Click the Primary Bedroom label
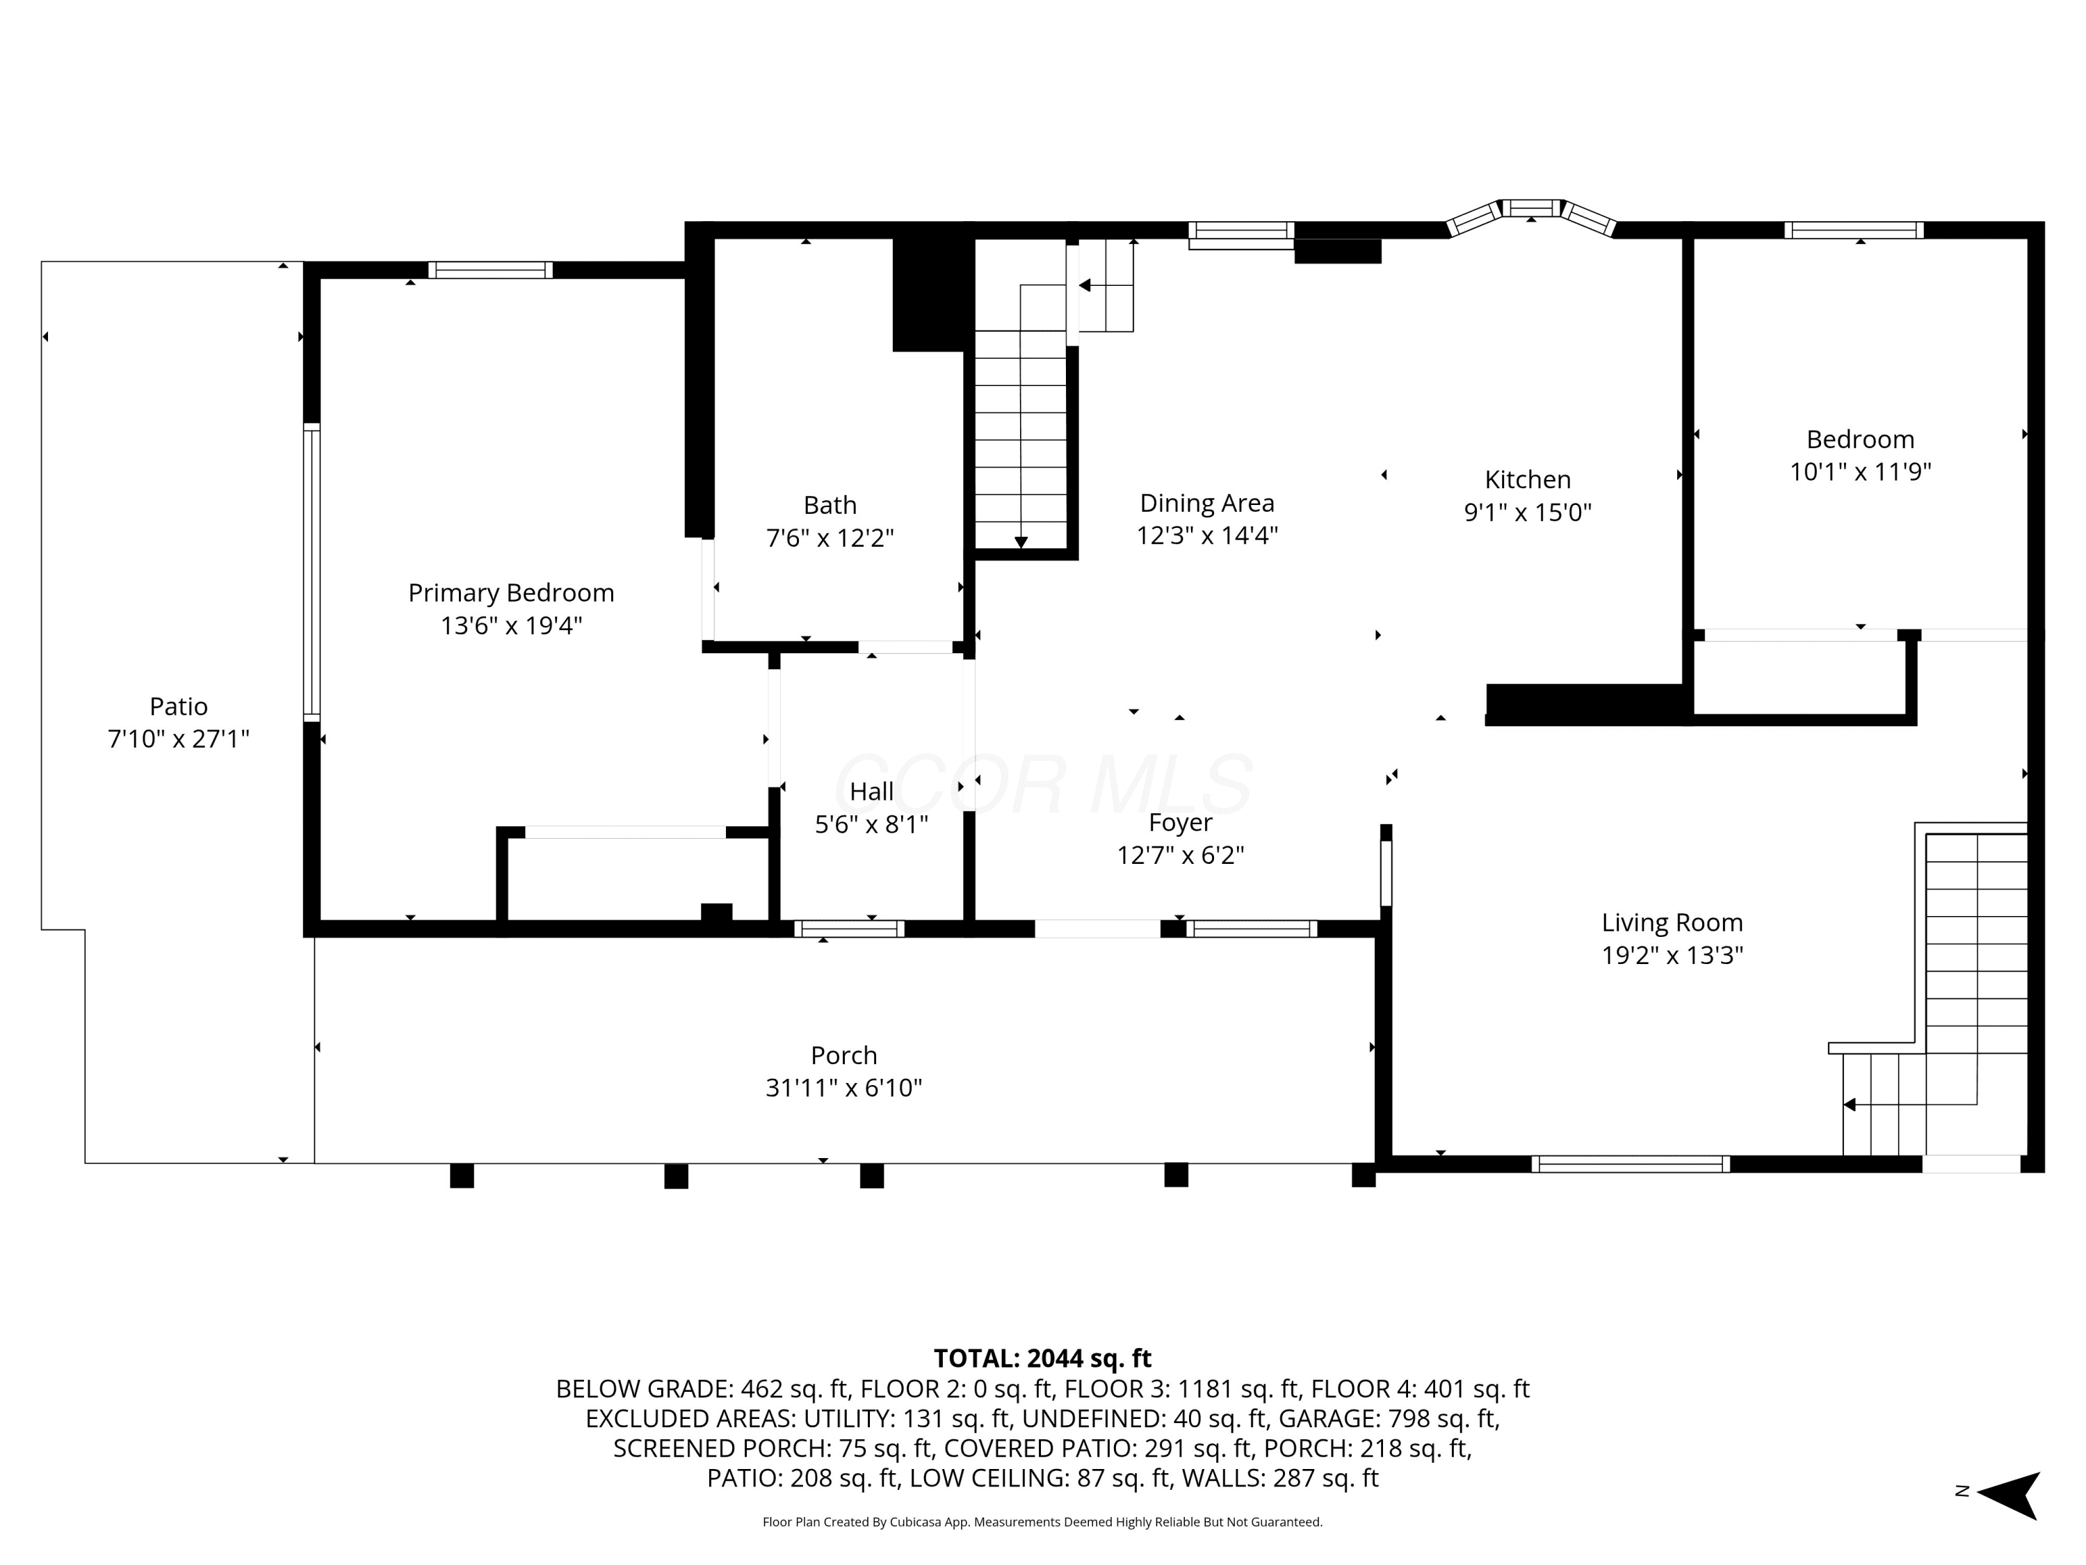[511, 593]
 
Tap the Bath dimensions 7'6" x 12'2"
[830, 538]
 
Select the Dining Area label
[1207, 503]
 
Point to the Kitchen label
[1528, 479]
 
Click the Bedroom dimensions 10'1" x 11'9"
[1861, 472]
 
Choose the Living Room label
[1672, 922]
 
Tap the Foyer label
[1181, 823]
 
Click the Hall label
[871, 792]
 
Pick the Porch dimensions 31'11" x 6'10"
[844, 1088]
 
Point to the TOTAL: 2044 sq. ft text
[1042, 1358]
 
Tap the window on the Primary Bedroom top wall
[490, 270]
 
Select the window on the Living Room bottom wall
[1631, 1164]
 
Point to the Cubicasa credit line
[1042, 1522]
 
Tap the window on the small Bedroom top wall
[1853, 230]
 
